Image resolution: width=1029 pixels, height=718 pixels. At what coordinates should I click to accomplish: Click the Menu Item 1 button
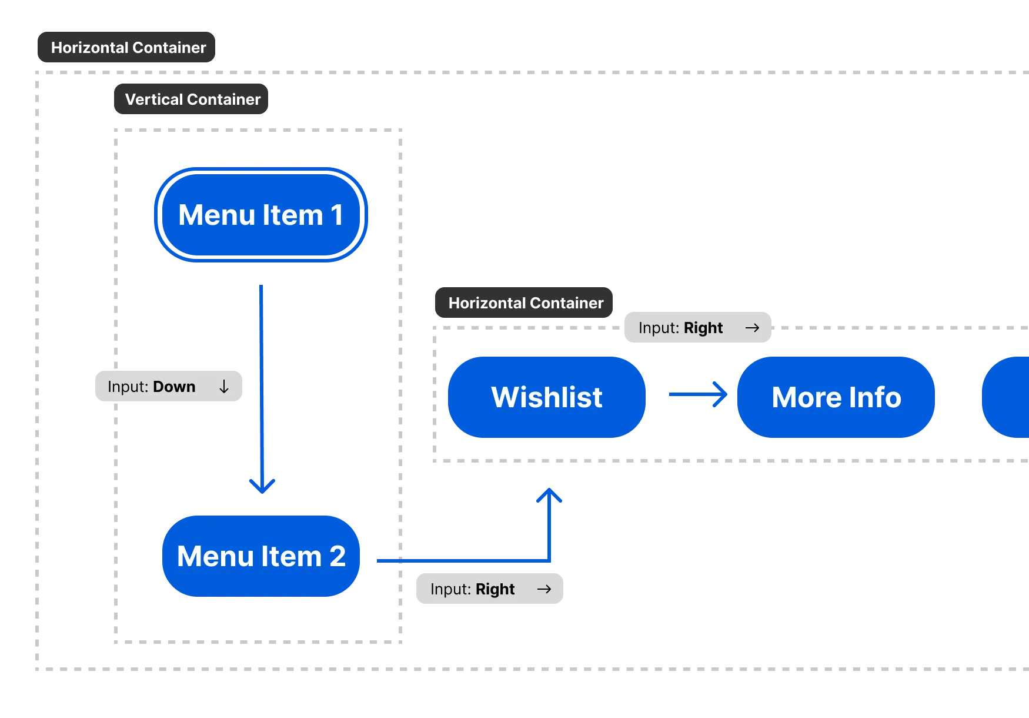260,215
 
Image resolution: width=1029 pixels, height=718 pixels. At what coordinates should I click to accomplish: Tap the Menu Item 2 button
260,556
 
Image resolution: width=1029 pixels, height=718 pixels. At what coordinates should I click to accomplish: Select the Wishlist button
546,397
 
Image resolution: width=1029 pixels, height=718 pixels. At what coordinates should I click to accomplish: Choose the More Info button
836,397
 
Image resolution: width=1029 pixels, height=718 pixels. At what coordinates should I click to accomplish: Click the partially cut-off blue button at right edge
1007,397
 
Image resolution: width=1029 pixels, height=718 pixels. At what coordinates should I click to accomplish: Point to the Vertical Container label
192,99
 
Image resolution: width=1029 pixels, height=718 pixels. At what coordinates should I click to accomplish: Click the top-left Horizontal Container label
128,48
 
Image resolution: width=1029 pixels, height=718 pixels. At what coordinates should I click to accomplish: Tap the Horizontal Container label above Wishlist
525,303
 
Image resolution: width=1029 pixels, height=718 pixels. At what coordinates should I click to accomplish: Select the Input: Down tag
169,387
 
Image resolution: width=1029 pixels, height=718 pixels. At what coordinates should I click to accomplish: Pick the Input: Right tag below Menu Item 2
489,589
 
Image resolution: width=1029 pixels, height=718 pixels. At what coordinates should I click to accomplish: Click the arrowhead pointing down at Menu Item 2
262,486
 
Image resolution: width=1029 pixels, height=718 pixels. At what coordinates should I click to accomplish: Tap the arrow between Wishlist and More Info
699,395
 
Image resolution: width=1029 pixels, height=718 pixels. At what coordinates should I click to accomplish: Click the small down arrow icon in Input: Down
224,387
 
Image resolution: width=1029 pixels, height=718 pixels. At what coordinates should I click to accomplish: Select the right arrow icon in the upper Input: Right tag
752,328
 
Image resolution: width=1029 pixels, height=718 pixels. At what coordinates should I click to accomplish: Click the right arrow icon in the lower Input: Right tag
544,589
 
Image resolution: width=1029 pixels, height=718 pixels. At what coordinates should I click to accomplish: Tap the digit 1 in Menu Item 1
336,215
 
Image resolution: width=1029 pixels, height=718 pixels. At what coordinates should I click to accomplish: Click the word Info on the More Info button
874,397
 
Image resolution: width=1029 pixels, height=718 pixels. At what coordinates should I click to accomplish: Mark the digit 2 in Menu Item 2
337,556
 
